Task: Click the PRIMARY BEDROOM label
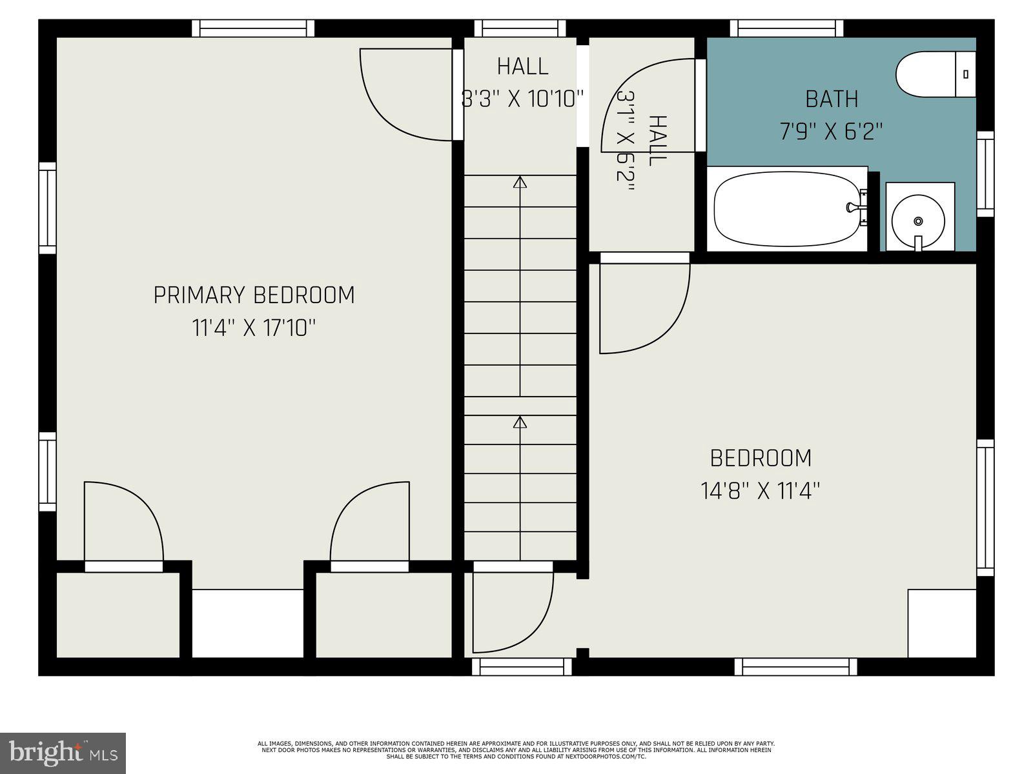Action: (254, 295)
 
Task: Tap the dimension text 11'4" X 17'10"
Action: (254, 328)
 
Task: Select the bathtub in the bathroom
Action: (786, 209)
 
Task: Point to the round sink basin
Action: (917, 221)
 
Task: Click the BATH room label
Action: (832, 99)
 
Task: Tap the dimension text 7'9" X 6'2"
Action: (831, 132)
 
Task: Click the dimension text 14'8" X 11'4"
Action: (760, 491)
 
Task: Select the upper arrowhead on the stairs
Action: (520, 182)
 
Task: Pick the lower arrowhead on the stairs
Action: (520, 422)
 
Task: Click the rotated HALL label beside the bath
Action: (657, 141)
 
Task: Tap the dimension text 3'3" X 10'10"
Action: (522, 99)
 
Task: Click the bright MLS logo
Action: (63, 753)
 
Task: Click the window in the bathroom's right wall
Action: (985, 174)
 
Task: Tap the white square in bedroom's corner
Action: (941, 623)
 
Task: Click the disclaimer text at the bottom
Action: (516, 750)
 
